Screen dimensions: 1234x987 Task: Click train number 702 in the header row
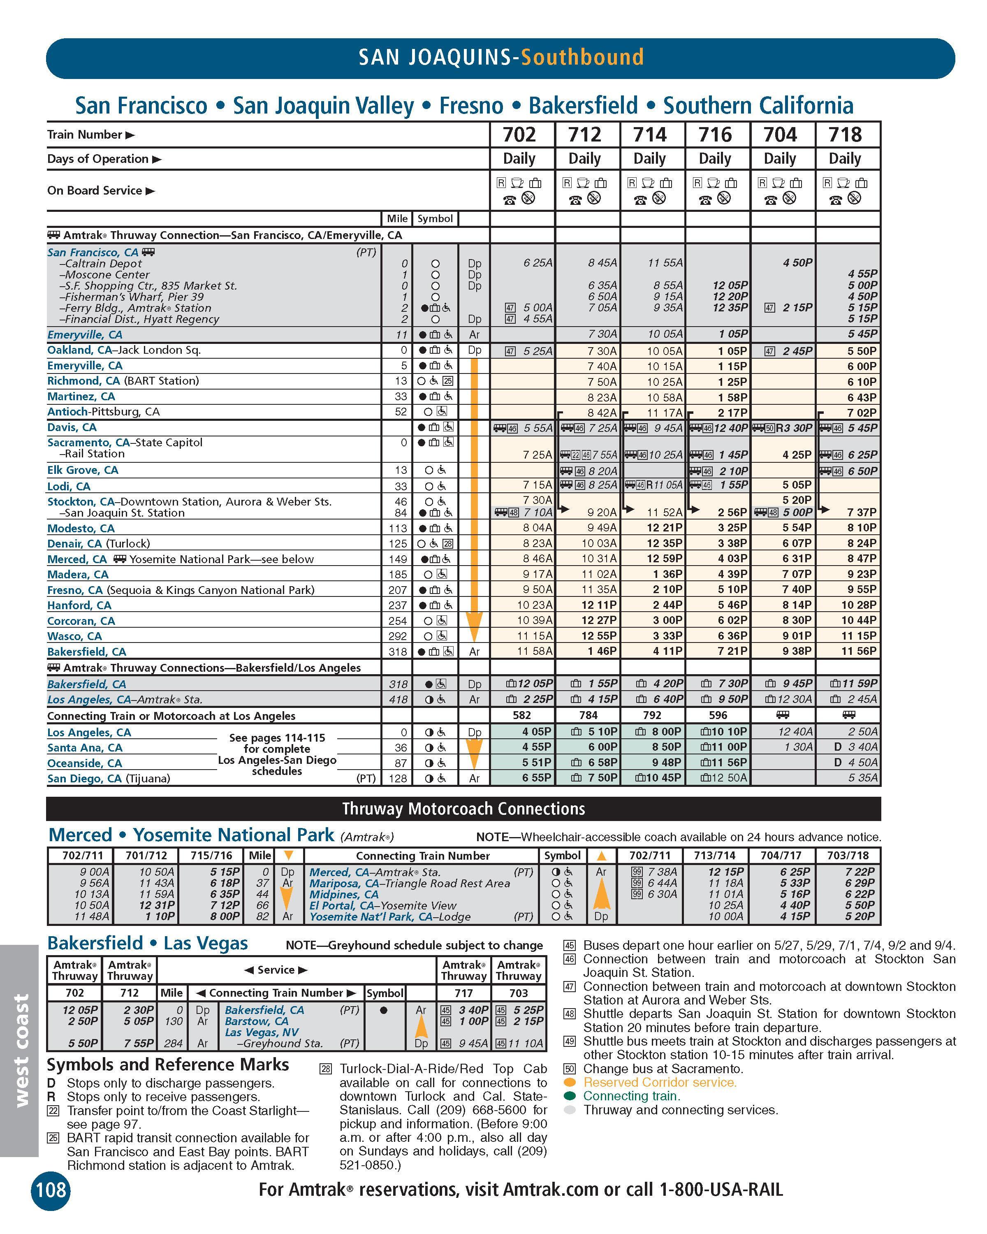tap(519, 135)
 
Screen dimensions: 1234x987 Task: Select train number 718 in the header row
tap(845, 135)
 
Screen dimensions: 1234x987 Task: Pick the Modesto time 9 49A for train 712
tap(600, 528)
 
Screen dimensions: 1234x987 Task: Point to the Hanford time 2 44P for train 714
tap(665, 605)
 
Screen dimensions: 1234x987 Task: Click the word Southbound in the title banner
tap(582, 57)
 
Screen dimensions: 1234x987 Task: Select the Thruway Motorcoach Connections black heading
tap(463, 809)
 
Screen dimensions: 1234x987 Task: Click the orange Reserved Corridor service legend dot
tap(569, 1082)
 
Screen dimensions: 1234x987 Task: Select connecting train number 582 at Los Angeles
tap(521, 715)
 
